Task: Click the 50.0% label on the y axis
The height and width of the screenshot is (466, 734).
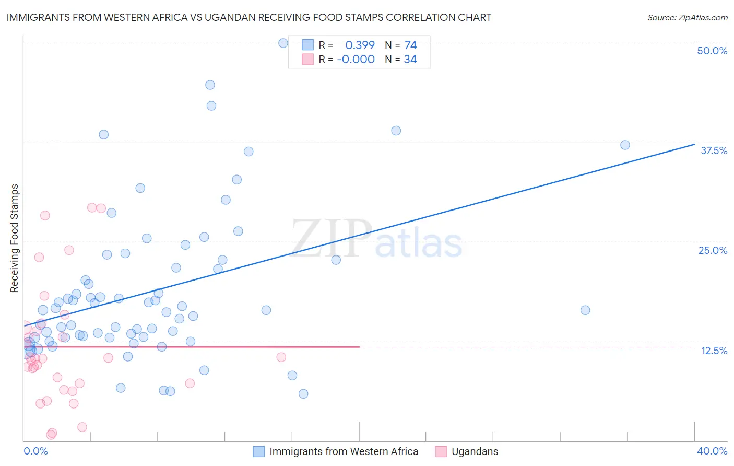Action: pyautogui.click(x=712, y=51)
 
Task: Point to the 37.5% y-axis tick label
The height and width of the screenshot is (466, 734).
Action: pyautogui.click(x=713, y=150)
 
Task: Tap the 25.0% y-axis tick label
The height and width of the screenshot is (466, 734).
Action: pyautogui.click(x=712, y=250)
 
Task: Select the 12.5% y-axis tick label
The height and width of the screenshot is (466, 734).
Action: pyautogui.click(x=714, y=351)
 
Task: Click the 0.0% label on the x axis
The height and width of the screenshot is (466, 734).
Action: pyautogui.click(x=35, y=451)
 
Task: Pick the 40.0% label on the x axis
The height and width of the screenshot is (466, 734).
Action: pyautogui.click(x=712, y=451)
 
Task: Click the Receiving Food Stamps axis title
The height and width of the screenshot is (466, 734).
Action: pyautogui.click(x=15, y=238)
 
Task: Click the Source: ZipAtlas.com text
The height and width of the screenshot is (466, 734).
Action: pyautogui.click(x=687, y=17)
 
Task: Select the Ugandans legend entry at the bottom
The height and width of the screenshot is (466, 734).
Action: pyautogui.click(x=475, y=451)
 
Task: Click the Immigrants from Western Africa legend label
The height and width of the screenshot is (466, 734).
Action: pyautogui.click(x=344, y=451)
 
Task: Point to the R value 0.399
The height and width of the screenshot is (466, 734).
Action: pyautogui.click(x=360, y=45)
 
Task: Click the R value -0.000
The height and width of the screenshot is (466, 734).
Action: pyautogui.click(x=356, y=59)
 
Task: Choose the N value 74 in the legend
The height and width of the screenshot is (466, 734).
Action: pyautogui.click(x=410, y=45)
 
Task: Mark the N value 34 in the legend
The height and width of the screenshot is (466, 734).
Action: pyautogui.click(x=410, y=59)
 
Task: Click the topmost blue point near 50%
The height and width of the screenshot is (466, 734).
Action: pyautogui.click(x=283, y=43)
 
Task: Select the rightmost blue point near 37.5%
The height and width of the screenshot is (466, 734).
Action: pyautogui.click(x=625, y=145)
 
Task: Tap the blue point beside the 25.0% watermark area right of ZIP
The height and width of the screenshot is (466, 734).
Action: pyautogui.click(x=336, y=260)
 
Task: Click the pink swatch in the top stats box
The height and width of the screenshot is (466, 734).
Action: pyautogui.click(x=308, y=59)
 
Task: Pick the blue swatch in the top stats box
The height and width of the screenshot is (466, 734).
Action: pyautogui.click(x=308, y=45)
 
